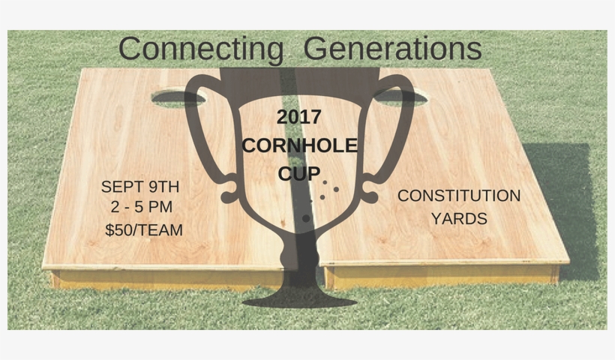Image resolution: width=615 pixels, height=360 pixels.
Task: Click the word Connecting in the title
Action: pyautogui.click(x=200, y=49)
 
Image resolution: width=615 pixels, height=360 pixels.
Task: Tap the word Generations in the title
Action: pyautogui.click(x=393, y=49)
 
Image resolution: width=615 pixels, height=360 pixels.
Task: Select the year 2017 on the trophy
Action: pyautogui.click(x=299, y=118)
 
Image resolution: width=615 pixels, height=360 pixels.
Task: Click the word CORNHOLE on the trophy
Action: pyautogui.click(x=299, y=146)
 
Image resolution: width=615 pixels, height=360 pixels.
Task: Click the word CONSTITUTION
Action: pyautogui.click(x=459, y=196)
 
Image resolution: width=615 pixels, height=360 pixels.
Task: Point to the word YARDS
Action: pyautogui.click(x=460, y=219)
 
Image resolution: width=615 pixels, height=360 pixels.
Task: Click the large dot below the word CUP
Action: pyautogui.click(x=306, y=218)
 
